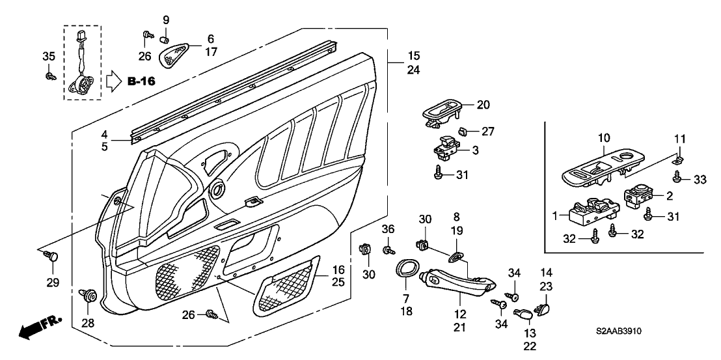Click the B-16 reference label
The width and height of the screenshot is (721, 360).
tap(141, 82)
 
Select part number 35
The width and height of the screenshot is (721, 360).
tap(48, 56)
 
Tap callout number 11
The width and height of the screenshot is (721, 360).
tap(679, 139)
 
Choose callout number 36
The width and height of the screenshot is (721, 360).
tap(387, 229)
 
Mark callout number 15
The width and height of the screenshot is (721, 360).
tap(413, 57)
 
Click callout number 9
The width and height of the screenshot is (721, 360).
tap(165, 19)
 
